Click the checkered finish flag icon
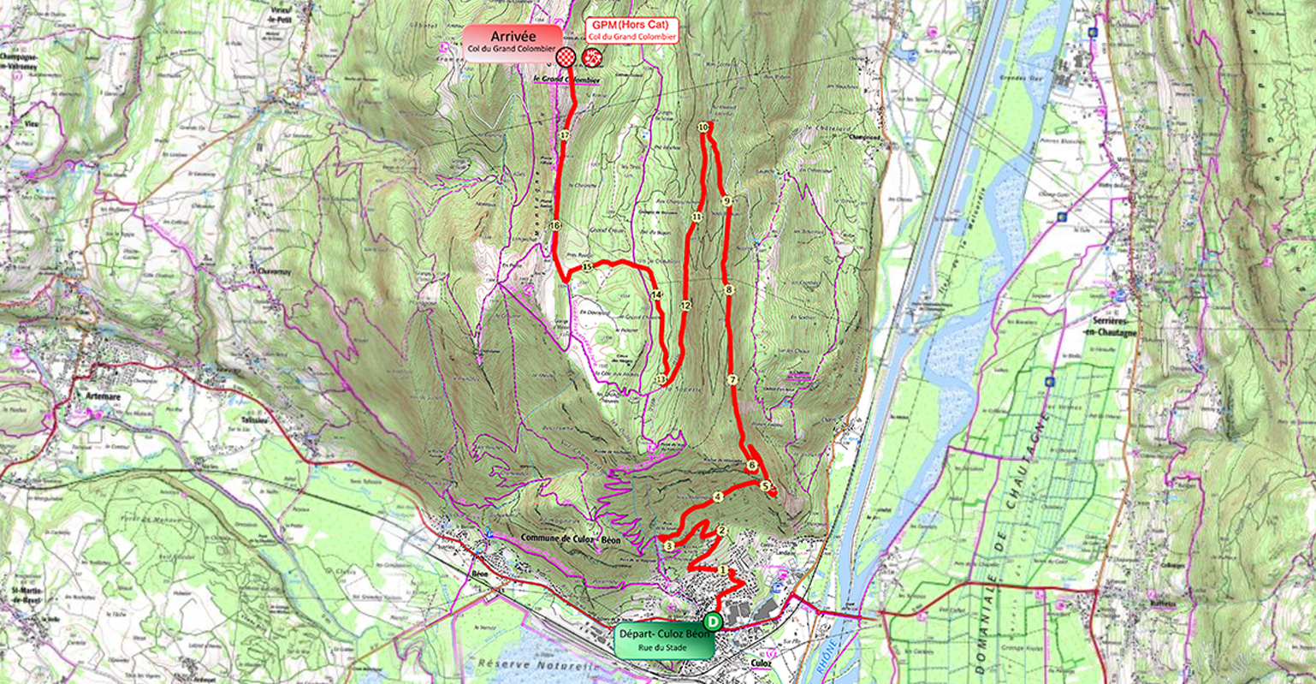566,57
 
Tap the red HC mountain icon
590,57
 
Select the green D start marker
713,622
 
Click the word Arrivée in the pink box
513,36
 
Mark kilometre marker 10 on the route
703,127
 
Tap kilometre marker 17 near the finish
565,135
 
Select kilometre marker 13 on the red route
660,379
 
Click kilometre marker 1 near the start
724,570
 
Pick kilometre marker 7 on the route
732,379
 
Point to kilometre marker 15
587,267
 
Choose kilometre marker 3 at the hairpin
668,545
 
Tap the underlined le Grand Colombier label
566,80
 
